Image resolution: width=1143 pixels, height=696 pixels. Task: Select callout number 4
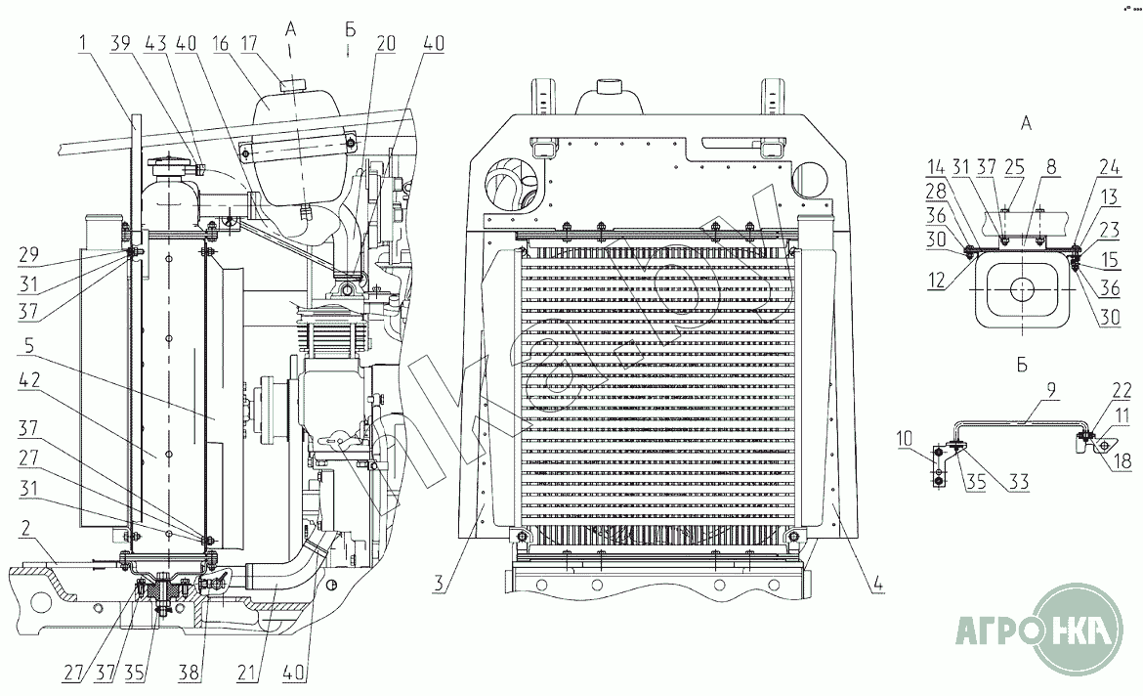click(x=878, y=586)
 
